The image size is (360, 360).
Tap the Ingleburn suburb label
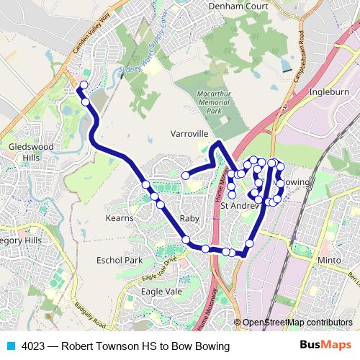coord(328,93)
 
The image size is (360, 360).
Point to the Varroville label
coord(189,134)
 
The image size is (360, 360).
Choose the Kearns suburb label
coord(120,218)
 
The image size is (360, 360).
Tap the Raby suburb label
coord(189,218)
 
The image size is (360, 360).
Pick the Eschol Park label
coord(120,260)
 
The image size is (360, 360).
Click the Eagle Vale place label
coord(161,291)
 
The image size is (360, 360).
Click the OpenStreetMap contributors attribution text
coord(297,323)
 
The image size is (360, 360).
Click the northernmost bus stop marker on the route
coord(84,86)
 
